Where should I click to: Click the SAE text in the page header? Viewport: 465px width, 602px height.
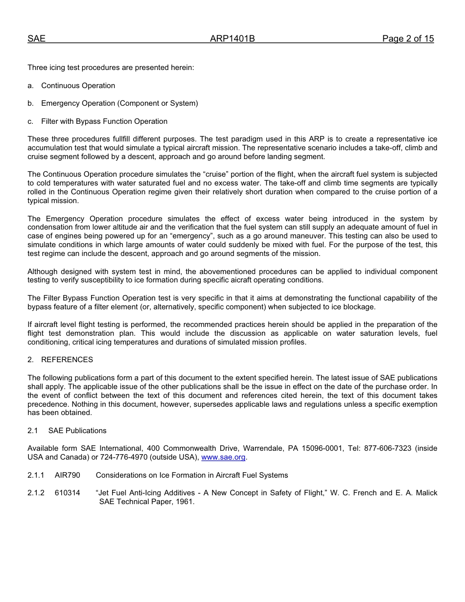[x=36, y=39]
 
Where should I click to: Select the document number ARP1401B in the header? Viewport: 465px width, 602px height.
[x=232, y=39]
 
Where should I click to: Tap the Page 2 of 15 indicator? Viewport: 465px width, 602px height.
[x=408, y=39]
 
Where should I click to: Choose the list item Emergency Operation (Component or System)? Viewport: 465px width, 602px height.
[x=119, y=103]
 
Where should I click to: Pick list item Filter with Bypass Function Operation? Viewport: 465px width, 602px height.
[x=104, y=121]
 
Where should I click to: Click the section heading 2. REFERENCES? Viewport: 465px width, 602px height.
[x=60, y=360]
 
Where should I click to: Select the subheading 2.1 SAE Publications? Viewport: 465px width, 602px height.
[x=67, y=431]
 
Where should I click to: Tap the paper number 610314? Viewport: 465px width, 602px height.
[x=68, y=493]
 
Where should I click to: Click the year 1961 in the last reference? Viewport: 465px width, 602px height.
[x=185, y=501]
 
